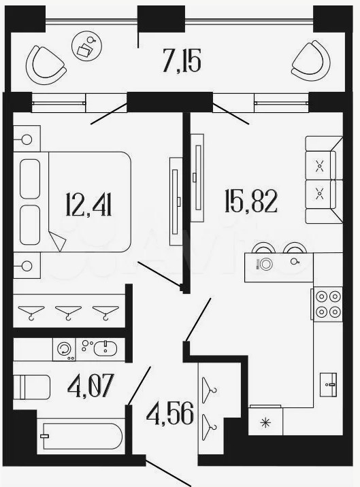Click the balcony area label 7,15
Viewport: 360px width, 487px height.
[x=182, y=61]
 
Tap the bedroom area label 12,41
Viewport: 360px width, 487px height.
[x=88, y=204]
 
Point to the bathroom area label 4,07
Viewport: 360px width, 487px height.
[x=91, y=385]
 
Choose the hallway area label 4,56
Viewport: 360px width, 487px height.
[x=170, y=414]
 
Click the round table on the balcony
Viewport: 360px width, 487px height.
[x=86, y=47]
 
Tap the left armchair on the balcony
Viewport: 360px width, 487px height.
[x=46, y=65]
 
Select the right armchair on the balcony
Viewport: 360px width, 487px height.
[x=311, y=61]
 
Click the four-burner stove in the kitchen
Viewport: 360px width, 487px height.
[x=327, y=304]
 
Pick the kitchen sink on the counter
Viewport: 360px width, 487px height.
[x=328, y=384]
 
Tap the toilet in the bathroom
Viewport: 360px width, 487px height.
[x=31, y=387]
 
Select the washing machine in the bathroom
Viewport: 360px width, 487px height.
[x=65, y=349]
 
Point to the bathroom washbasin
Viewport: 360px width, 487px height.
[x=105, y=348]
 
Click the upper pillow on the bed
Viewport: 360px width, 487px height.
[x=30, y=179]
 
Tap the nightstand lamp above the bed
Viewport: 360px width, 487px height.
[x=27, y=139]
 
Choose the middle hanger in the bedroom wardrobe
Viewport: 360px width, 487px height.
[x=68, y=312]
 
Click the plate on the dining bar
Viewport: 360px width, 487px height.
[x=266, y=264]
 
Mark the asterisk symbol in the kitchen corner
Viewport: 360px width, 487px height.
[x=265, y=422]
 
